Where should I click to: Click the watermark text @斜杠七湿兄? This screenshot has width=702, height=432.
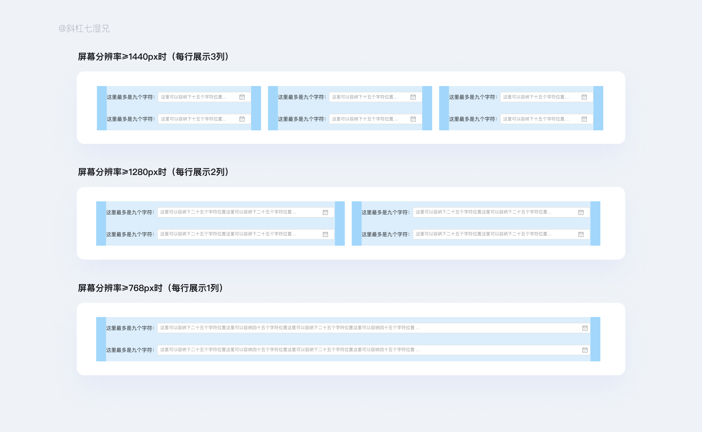[84, 29]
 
